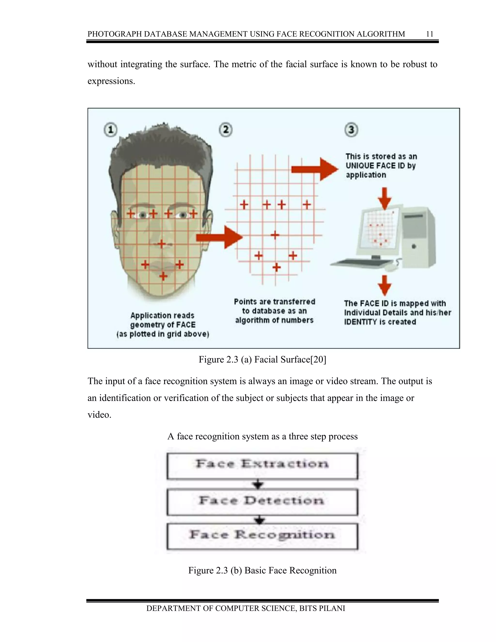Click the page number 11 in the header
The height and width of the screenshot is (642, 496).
[429, 34]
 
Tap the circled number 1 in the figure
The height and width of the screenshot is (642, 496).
[110, 130]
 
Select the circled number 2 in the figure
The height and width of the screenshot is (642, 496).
[226, 130]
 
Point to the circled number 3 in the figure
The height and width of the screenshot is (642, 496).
[351, 130]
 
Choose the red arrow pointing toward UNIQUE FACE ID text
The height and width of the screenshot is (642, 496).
[315, 169]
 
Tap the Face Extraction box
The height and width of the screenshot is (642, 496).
[262, 466]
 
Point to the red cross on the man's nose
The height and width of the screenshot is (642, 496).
[161, 244]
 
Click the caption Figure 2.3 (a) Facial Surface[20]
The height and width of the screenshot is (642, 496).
[262, 360]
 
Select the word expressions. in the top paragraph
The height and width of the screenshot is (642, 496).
[111, 81]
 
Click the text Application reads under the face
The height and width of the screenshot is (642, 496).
[162, 315]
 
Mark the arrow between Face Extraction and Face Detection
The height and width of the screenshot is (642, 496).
[258, 484]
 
